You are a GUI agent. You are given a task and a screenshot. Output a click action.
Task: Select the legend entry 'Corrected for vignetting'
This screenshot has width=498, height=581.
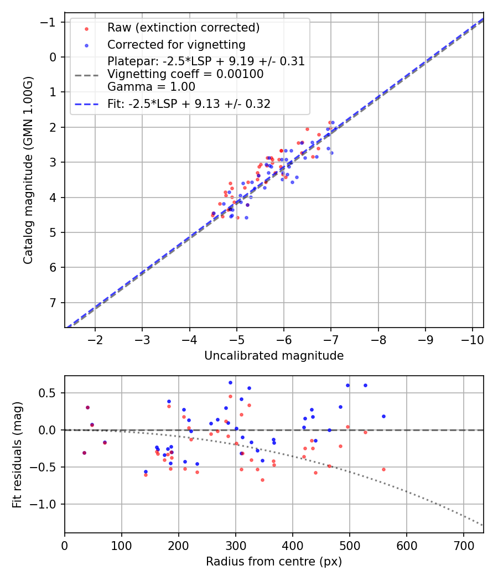(x=177, y=44)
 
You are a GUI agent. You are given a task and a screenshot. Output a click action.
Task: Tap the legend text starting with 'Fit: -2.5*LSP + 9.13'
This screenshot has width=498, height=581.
(x=189, y=104)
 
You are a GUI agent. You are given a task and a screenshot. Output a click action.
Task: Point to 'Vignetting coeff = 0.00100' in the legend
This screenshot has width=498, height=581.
(x=185, y=74)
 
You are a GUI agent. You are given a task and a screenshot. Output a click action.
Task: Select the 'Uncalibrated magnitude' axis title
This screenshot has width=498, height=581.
(x=274, y=356)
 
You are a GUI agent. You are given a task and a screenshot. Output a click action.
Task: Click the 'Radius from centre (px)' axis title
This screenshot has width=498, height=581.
(x=274, y=562)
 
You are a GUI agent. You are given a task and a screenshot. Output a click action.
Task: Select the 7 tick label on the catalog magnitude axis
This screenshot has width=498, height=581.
(x=53, y=303)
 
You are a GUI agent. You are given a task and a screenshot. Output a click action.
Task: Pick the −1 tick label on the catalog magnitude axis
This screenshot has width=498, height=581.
(x=50, y=22)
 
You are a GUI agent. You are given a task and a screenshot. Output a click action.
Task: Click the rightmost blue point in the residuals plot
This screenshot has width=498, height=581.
(x=383, y=416)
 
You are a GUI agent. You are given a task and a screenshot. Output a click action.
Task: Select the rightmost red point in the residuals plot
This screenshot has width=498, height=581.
(x=383, y=469)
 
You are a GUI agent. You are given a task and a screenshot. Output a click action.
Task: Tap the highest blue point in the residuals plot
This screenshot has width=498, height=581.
(x=230, y=382)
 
